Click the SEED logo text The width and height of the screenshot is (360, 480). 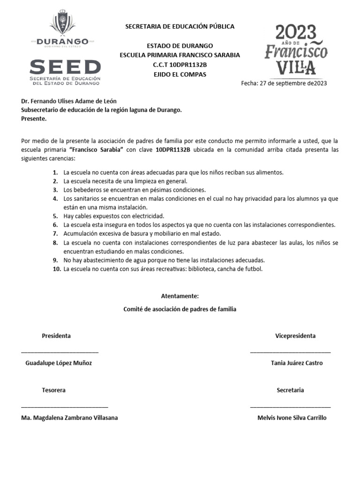65,67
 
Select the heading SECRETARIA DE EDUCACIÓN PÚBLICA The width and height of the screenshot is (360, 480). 180,27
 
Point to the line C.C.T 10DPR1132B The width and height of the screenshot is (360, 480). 180,65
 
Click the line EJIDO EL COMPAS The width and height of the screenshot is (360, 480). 180,75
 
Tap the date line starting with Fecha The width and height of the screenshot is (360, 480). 284,83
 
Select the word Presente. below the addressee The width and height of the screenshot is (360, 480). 34,119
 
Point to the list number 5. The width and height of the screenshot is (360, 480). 55,216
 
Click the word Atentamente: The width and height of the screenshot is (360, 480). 180,296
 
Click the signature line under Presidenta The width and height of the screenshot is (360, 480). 60,351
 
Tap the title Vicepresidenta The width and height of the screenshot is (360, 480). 295,336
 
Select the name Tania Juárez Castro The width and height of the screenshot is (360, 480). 297,363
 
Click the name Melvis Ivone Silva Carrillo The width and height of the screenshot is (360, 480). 292,418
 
